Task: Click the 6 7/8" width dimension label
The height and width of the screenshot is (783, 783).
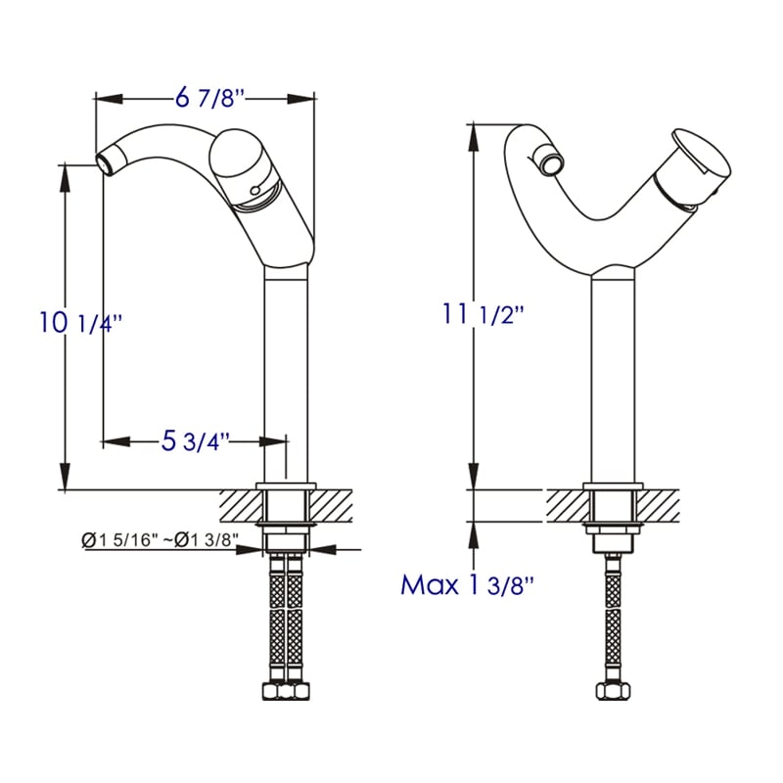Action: [x=208, y=98]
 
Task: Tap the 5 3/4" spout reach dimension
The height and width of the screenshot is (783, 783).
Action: [x=196, y=441]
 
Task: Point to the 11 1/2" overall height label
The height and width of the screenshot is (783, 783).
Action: [x=484, y=315]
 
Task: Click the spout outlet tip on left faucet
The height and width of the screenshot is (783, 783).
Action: [x=104, y=161]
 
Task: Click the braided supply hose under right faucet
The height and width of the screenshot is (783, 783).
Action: [x=614, y=617]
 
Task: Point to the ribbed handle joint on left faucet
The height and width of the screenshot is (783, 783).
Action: [x=256, y=202]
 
